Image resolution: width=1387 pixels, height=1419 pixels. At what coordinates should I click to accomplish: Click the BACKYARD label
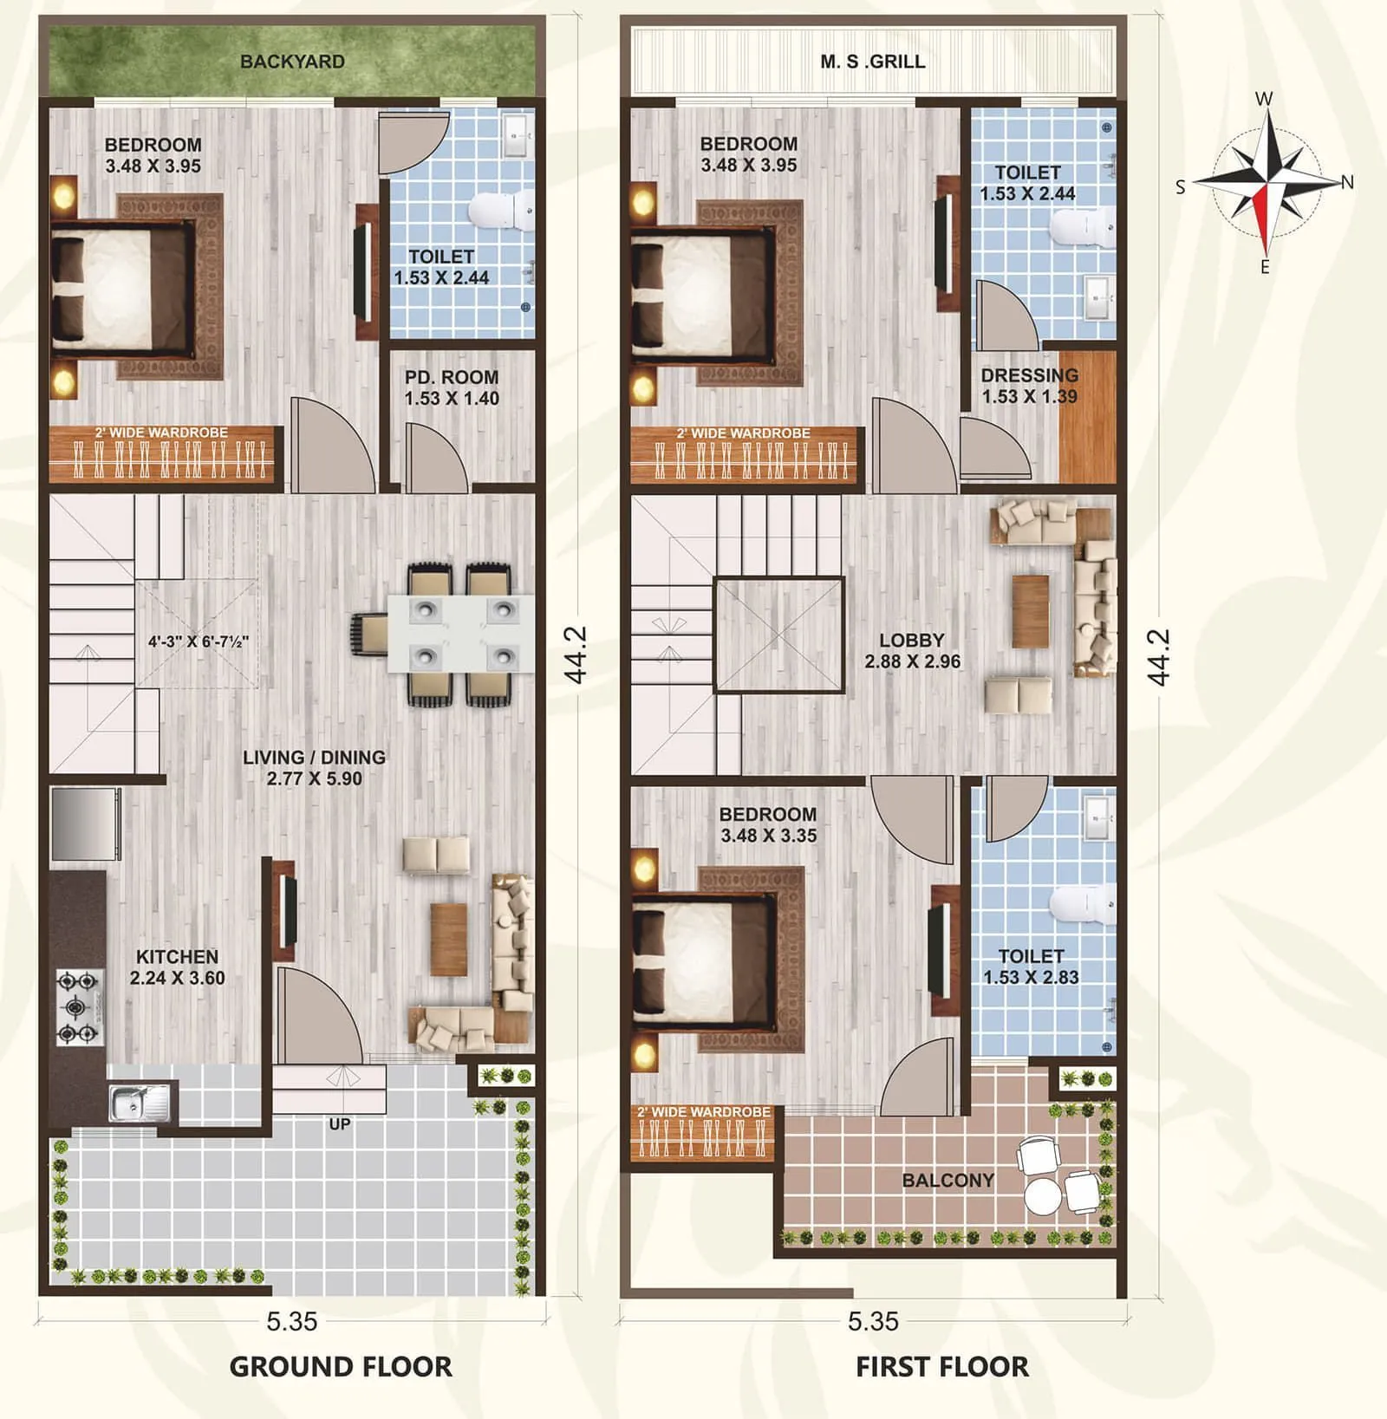coord(292,62)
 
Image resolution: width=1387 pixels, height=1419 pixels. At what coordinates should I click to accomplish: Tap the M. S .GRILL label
coord(872,62)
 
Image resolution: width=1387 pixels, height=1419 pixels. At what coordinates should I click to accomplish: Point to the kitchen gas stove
coord(79,1007)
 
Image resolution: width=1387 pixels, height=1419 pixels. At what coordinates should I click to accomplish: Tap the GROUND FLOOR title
coord(341,1367)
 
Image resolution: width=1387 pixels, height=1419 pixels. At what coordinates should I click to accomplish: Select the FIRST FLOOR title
coord(942,1367)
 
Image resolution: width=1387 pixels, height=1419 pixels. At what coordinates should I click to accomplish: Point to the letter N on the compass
coord(1347,182)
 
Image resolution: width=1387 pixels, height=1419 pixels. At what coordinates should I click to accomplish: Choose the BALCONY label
coord(947,1180)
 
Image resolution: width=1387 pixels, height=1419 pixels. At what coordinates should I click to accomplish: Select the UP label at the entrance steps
coord(340,1124)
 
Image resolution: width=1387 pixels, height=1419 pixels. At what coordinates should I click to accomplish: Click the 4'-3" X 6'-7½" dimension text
coord(199,642)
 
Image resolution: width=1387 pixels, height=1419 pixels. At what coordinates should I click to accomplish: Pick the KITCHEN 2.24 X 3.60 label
coord(178,967)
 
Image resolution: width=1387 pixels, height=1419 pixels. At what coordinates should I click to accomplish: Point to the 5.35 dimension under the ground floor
coord(292,1321)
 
